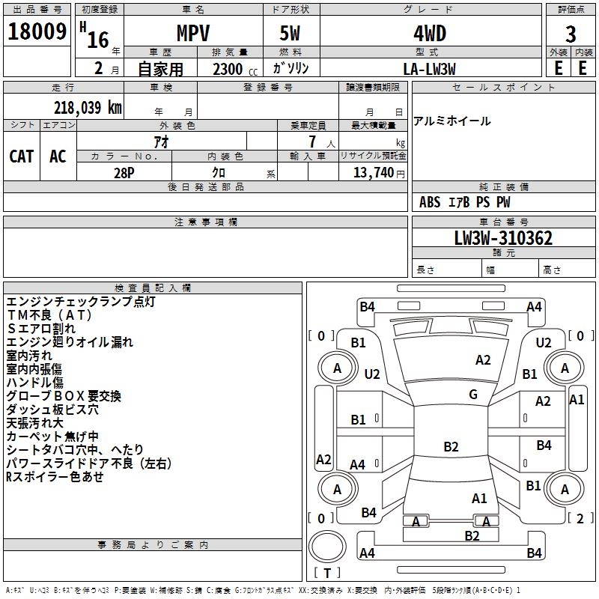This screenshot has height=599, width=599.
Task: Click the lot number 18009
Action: point(37,32)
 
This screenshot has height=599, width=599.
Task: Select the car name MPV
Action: point(193,34)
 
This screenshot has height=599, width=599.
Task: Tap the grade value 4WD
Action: point(430,34)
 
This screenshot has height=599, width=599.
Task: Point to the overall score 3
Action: point(571,34)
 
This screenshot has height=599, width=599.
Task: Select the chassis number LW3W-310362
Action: point(503,239)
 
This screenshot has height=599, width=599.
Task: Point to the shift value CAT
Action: point(22,156)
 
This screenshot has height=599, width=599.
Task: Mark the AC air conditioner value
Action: point(58,156)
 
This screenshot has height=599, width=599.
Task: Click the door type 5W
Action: point(291,34)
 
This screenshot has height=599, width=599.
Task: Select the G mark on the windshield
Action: point(473,395)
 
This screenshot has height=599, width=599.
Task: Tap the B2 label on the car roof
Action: point(451,447)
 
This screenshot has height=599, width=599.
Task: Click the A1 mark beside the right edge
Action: point(577,400)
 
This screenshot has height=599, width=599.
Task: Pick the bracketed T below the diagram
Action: point(327,574)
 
